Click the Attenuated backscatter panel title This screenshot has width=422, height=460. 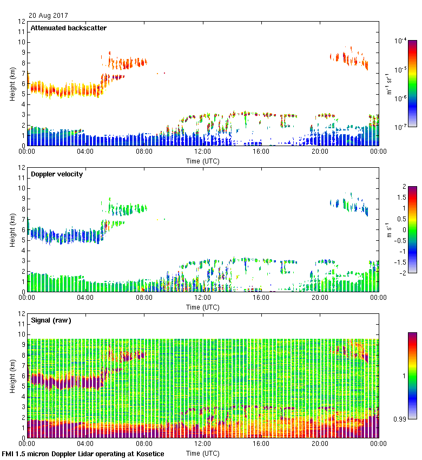coord(68,28)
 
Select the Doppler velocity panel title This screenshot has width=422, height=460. coord(56,174)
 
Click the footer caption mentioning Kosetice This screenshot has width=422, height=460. coord(83,454)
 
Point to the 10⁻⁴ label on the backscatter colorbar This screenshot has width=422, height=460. coord(401,41)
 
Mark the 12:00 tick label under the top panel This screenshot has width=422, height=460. coord(202,152)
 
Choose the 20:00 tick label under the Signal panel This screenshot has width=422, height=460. coord(320,444)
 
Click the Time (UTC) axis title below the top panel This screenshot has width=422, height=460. coord(202,161)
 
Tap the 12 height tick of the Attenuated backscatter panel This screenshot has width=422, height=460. coord(22,22)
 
